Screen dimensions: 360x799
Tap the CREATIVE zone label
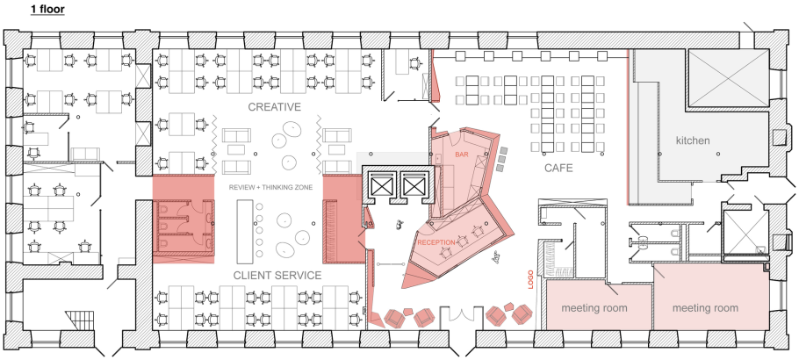pos(274,107)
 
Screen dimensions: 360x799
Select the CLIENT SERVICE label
pos(277,275)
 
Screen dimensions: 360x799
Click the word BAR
pos(462,155)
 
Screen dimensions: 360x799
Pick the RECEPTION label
pos(437,241)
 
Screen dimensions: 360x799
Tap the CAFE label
pos(558,167)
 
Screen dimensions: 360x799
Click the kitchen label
pos(693,140)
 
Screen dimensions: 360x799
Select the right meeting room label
pos(706,308)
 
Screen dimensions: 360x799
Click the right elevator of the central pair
pos(413,185)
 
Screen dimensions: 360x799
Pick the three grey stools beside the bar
pos(503,158)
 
